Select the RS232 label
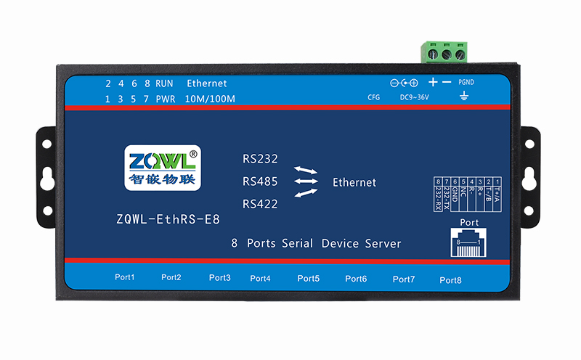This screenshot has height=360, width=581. pyautogui.click(x=260, y=159)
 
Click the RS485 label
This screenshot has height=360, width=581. pyautogui.click(x=260, y=181)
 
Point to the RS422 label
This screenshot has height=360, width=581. pyautogui.click(x=260, y=204)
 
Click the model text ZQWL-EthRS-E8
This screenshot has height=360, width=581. pyautogui.click(x=168, y=218)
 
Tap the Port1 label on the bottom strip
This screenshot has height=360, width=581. pyautogui.click(x=125, y=277)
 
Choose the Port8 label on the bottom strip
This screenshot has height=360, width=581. pyautogui.click(x=450, y=280)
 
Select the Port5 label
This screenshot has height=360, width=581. pyautogui.click(x=308, y=278)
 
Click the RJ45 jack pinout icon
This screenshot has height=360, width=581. pyautogui.click(x=471, y=242)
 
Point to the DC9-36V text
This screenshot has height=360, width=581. pyautogui.click(x=415, y=97)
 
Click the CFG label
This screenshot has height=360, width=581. pyautogui.click(x=374, y=97)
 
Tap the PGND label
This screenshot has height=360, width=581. pyautogui.click(x=466, y=83)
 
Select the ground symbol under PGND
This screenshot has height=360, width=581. pyautogui.click(x=465, y=96)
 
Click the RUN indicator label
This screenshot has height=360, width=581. pyautogui.click(x=164, y=83)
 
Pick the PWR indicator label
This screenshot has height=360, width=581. pyautogui.click(x=164, y=99)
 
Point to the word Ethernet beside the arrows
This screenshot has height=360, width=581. pyautogui.click(x=354, y=182)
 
